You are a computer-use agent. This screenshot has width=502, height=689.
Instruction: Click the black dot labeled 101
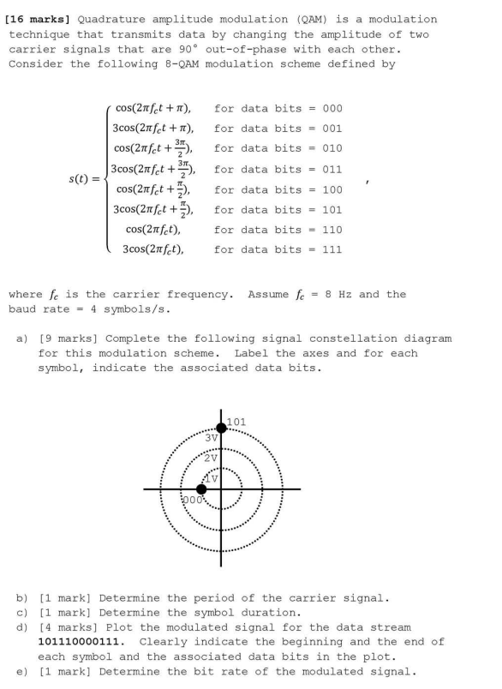(x=222, y=428)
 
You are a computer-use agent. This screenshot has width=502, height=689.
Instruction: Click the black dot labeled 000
(x=201, y=488)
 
